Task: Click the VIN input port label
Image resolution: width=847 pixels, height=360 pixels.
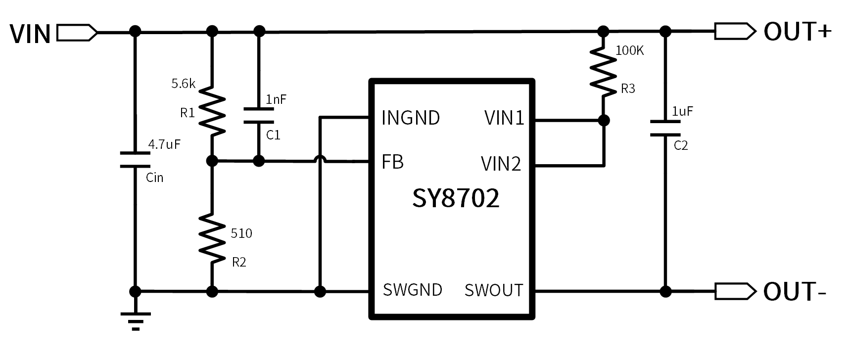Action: (x=30, y=34)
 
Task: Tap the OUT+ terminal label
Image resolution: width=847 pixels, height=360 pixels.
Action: (x=797, y=32)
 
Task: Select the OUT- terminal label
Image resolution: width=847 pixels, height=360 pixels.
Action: (x=795, y=291)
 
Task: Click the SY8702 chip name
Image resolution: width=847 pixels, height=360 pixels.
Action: (x=456, y=198)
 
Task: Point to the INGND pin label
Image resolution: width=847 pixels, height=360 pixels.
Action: (x=411, y=118)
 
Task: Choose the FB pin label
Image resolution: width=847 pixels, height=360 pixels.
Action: (x=392, y=162)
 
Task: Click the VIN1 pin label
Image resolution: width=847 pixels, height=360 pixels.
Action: (x=504, y=118)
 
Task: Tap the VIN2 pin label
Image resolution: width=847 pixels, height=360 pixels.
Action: (x=501, y=164)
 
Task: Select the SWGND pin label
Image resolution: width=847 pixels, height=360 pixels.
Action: (x=412, y=290)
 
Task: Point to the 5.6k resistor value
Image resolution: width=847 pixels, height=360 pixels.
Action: (x=183, y=84)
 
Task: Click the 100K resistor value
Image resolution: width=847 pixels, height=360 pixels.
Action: (x=629, y=50)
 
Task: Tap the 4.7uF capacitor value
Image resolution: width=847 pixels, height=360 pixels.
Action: (x=164, y=144)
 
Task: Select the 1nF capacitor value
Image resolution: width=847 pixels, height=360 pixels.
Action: (x=276, y=99)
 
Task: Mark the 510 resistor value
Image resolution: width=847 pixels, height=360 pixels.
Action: (x=241, y=233)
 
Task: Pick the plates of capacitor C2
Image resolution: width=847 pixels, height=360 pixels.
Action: (x=665, y=128)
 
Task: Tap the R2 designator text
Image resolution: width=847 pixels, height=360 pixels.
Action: (x=239, y=262)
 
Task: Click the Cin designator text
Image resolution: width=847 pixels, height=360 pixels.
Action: (x=154, y=178)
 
